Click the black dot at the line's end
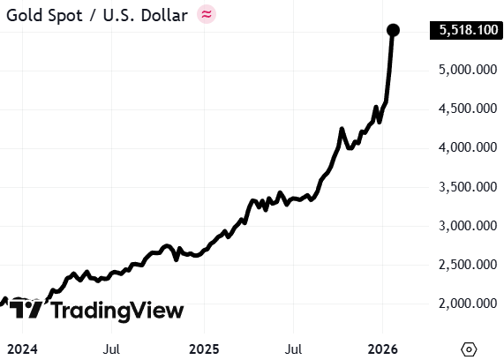(x=393, y=30)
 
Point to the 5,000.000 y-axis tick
(x=468, y=70)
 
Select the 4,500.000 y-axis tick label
(x=468, y=109)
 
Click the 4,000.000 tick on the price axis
(x=468, y=147)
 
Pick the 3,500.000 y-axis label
(x=468, y=186)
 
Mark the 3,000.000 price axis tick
(x=468, y=226)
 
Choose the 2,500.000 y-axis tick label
(x=468, y=265)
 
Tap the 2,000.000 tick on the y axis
(x=468, y=304)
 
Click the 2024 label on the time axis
(x=22, y=349)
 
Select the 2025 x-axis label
(x=204, y=349)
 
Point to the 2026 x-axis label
(x=382, y=349)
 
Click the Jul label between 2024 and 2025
(x=111, y=349)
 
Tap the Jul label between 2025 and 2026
(x=293, y=349)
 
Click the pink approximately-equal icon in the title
(x=207, y=14)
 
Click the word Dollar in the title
(x=164, y=15)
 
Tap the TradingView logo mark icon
(x=26, y=309)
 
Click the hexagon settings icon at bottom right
(x=469, y=349)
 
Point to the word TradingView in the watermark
(x=117, y=311)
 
